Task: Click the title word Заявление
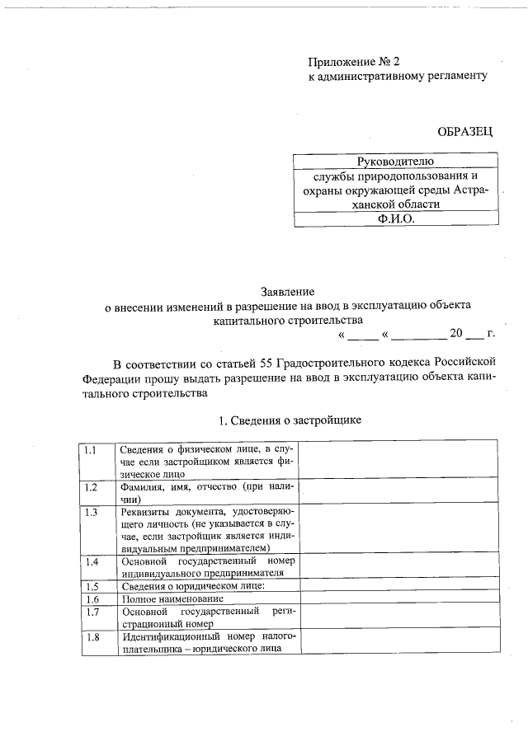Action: pyautogui.click(x=287, y=291)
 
